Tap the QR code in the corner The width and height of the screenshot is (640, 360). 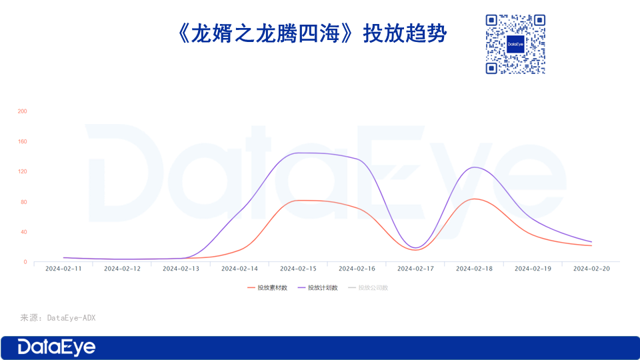click(x=515, y=44)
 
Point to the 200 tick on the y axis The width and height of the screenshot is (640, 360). click(x=22, y=111)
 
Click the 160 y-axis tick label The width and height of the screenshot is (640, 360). click(x=22, y=141)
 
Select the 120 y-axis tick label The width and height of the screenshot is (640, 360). click(x=22, y=172)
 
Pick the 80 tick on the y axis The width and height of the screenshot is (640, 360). click(x=23, y=202)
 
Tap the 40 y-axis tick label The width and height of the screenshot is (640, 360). click(x=23, y=232)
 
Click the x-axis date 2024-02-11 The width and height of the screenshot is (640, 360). click(x=63, y=269)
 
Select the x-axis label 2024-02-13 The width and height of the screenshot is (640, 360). click(x=181, y=269)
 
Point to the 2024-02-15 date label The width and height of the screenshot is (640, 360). click(x=298, y=269)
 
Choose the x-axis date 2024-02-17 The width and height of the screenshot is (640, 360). click(x=415, y=269)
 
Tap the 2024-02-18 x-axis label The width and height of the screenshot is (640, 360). click(x=474, y=269)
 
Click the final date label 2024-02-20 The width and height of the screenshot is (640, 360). click(x=591, y=269)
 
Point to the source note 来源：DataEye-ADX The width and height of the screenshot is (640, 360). click(x=57, y=318)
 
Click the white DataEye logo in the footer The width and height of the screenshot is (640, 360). click(x=57, y=347)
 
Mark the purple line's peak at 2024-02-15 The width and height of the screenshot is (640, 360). click(x=298, y=153)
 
